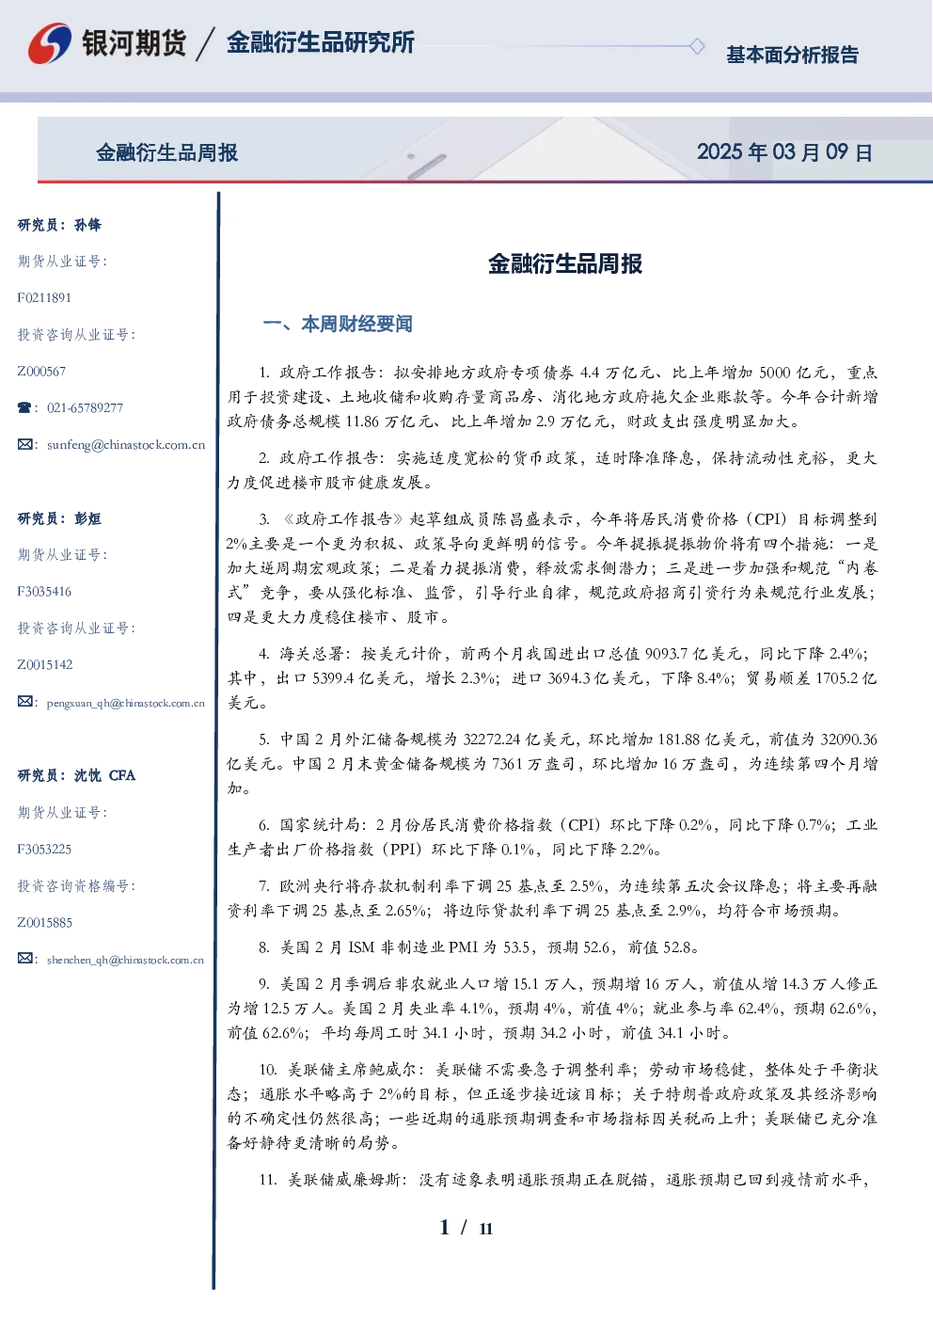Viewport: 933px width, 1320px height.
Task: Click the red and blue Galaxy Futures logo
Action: [50, 43]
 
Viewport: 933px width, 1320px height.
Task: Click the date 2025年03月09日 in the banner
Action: [784, 152]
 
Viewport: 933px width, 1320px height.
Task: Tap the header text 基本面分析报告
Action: [792, 55]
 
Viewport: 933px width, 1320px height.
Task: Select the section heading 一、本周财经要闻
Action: [338, 324]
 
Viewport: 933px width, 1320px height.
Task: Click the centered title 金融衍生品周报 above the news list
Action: [565, 263]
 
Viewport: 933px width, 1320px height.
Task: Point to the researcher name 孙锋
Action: [87, 225]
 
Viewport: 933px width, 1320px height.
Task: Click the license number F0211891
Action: [44, 297]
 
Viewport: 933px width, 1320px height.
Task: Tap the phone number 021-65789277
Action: [85, 407]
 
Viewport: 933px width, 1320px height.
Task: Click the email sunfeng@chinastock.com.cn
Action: [126, 445]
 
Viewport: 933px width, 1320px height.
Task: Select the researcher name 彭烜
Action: [87, 518]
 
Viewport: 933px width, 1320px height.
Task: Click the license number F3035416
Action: [44, 592]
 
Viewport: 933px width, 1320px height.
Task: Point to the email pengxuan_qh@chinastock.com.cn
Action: [126, 703]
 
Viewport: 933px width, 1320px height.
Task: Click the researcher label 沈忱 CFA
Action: [104, 775]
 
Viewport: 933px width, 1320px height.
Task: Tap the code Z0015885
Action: [45, 923]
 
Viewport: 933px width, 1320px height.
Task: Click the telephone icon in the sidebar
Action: [24, 407]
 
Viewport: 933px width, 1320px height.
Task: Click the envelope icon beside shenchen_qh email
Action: [24, 959]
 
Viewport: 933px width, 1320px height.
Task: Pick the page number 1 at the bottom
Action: [445, 1228]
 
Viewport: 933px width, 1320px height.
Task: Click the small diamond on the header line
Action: [697, 46]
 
